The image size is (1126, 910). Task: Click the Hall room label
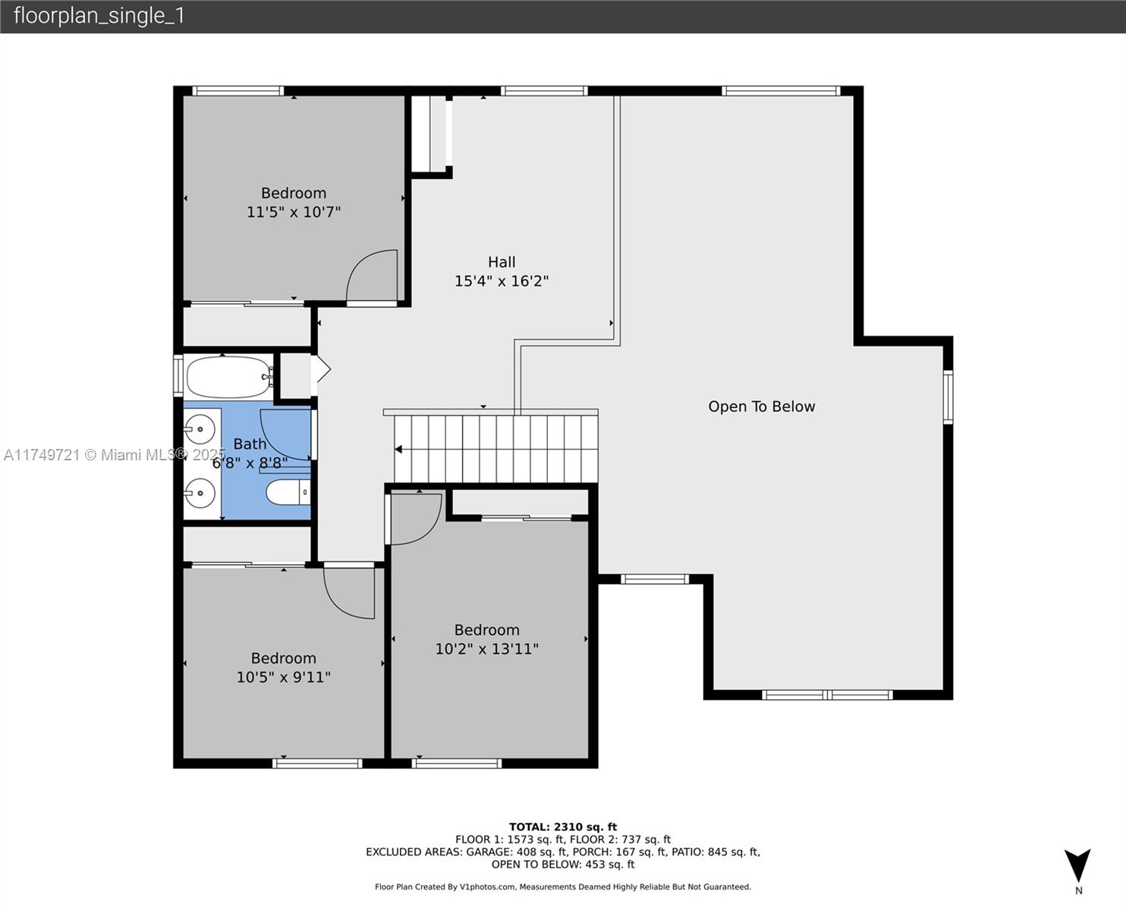[501, 262]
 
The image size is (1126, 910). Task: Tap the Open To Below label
[761, 406]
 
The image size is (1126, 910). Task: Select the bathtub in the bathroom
[228, 377]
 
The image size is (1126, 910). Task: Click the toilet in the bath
[288, 492]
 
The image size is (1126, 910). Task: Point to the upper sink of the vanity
[200, 428]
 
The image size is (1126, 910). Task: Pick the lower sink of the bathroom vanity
[200, 493]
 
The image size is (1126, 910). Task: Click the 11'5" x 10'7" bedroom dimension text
[294, 212]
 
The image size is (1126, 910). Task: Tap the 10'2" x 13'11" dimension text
[487, 649]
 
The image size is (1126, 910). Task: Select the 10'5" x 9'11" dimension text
[283, 677]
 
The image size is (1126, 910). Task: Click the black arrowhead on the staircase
[398, 450]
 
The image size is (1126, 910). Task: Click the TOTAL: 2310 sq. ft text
[563, 827]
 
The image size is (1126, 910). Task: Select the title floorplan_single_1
[99, 16]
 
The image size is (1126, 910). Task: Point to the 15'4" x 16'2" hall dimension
[501, 281]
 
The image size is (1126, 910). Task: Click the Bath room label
[250, 444]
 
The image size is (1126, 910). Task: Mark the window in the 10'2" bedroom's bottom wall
[457, 763]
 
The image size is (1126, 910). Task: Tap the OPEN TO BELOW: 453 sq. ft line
[563, 864]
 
